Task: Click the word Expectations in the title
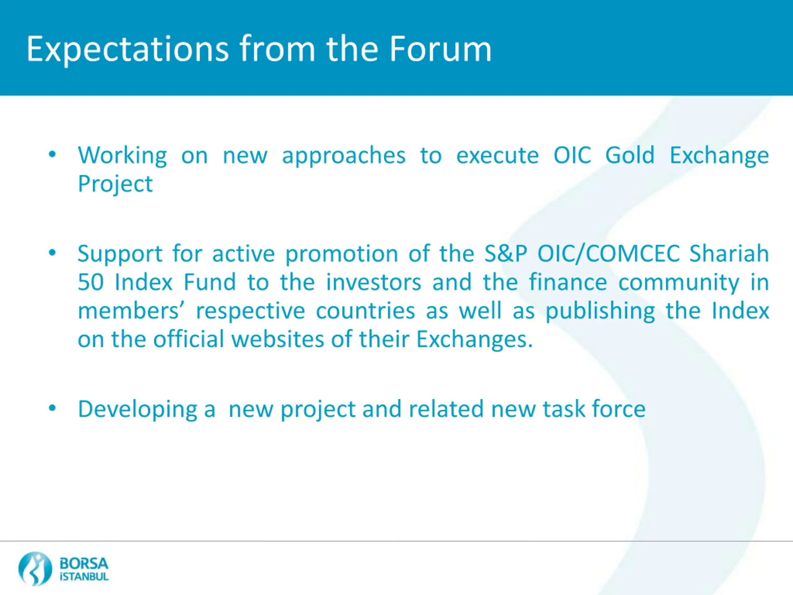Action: point(128,49)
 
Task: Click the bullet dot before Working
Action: point(52,155)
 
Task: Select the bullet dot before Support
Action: point(52,253)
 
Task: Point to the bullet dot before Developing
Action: point(52,408)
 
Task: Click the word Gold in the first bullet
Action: point(630,155)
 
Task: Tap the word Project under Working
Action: point(116,184)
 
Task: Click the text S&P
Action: point(506,253)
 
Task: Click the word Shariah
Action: point(729,253)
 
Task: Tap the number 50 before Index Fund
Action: point(91,282)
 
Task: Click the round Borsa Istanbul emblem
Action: point(35,568)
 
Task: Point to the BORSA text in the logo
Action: point(84,563)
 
